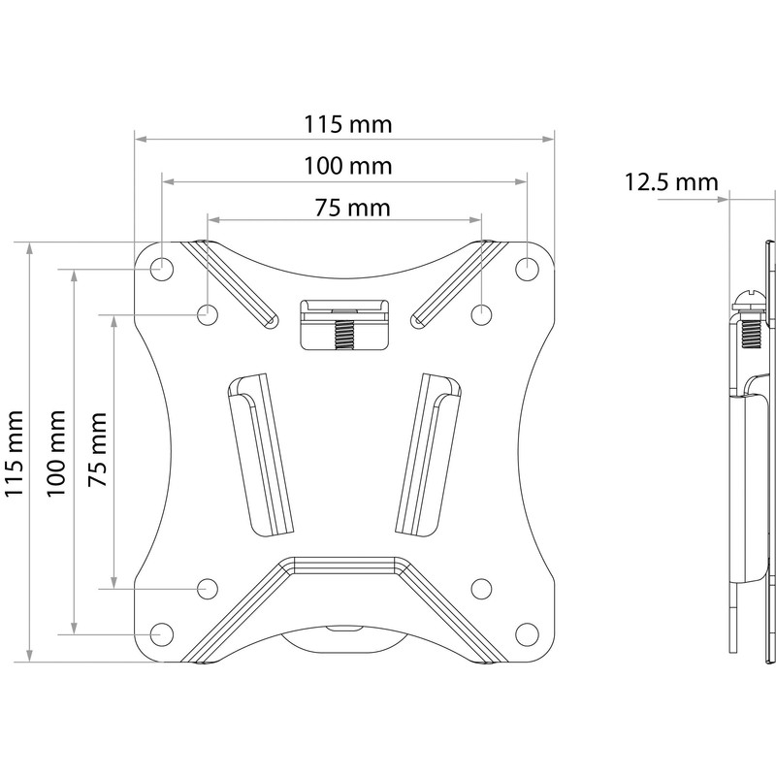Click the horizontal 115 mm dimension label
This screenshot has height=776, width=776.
tap(344, 125)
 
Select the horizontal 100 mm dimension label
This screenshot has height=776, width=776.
tap(344, 166)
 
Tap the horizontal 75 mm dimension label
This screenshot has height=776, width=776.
tap(344, 207)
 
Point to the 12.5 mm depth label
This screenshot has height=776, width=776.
tap(670, 181)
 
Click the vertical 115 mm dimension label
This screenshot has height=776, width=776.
tap(15, 451)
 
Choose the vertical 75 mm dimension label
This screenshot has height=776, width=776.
tap(97, 451)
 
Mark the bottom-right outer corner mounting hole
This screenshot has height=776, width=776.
tap(527, 633)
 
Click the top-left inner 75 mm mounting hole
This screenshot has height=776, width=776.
tap(207, 313)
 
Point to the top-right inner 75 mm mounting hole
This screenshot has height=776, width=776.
tap(481, 313)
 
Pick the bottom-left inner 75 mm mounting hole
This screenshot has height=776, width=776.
tap(207, 588)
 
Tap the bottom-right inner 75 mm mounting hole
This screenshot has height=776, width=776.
tap(481, 588)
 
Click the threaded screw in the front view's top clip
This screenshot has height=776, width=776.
tap(344, 335)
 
